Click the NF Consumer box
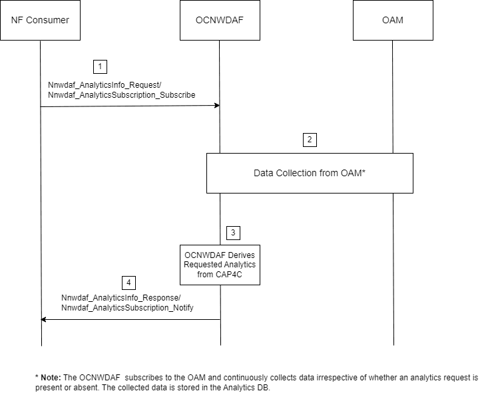pyautogui.click(x=40, y=21)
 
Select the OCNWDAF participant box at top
pyautogui.click(x=220, y=21)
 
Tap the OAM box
pyautogui.click(x=393, y=21)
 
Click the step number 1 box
pyautogui.click(x=100, y=66)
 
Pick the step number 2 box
pyautogui.click(x=309, y=140)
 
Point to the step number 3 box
pyautogui.click(x=233, y=233)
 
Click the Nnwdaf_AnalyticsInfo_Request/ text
pyautogui.click(x=105, y=85)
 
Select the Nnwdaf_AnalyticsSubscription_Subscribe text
pyautogui.click(x=122, y=95)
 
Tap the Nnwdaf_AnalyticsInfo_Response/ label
pyautogui.click(x=121, y=298)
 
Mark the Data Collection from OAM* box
pyautogui.click(x=310, y=173)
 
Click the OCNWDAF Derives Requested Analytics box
pyautogui.click(x=220, y=264)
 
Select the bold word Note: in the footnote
pyautogui.click(x=51, y=377)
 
